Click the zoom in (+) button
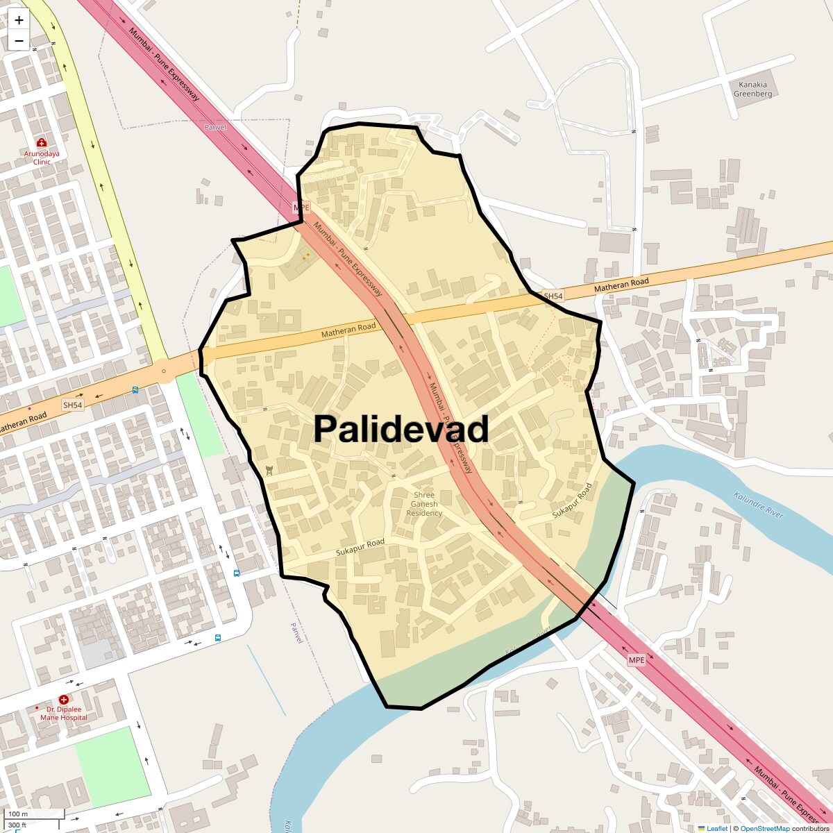pos(19,20)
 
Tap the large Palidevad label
pos(401,429)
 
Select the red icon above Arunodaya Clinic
pos(42,142)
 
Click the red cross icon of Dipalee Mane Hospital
pos(64,700)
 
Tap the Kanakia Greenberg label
pos(752,89)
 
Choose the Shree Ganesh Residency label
pos(424,504)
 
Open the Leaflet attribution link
pos(717,828)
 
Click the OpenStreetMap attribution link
pos(765,828)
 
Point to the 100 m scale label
pos(18,814)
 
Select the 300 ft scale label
pos(17,825)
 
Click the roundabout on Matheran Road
pos(164,371)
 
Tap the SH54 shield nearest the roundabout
pos(72,405)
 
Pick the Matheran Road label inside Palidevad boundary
pos(348,331)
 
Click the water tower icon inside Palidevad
pos(269,471)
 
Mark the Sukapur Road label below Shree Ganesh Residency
pos(360,547)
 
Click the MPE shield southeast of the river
pos(636,659)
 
